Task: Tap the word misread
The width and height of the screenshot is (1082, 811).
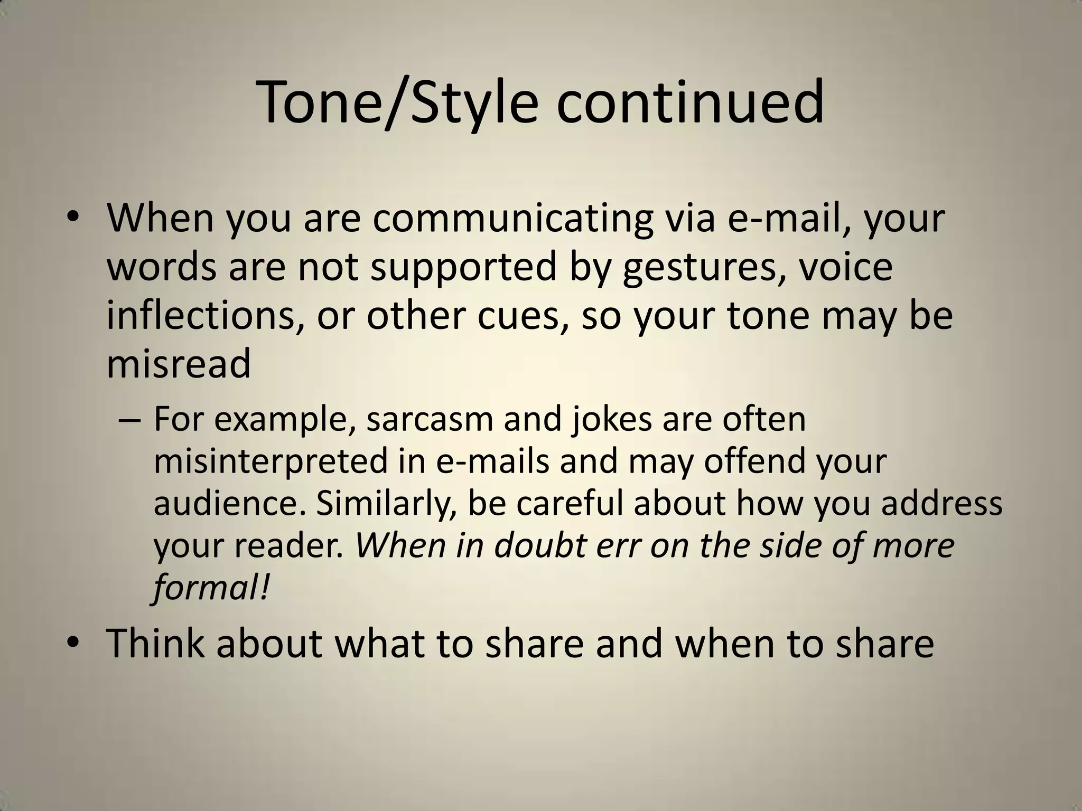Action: coord(179,364)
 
